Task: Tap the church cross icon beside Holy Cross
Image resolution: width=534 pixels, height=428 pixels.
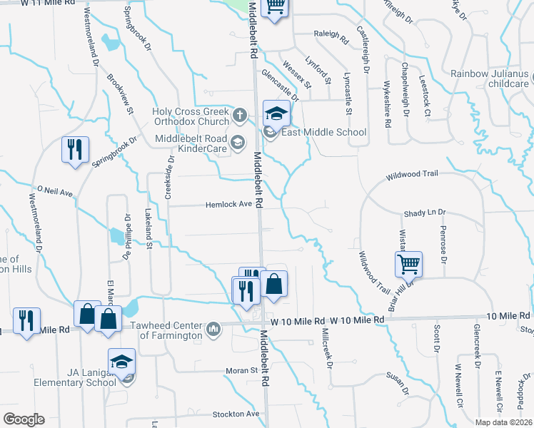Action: coord(240,113)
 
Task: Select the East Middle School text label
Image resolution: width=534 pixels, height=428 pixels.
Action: coord(323,132)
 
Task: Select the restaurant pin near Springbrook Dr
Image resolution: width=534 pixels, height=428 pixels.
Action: coord(74,150)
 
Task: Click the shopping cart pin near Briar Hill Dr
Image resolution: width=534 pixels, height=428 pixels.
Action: coord(408,264)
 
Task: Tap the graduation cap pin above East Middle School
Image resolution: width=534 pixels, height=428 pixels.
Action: coord(276,113)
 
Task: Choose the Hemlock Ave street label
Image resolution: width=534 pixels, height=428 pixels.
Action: coord(229,204)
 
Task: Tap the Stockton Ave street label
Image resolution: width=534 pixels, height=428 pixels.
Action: coord(236,414)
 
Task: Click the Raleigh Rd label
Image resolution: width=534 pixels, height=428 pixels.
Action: coord(330,34)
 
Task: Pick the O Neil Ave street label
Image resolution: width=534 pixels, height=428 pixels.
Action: coord(56,192)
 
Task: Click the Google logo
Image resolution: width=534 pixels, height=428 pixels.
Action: coord(24,419)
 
